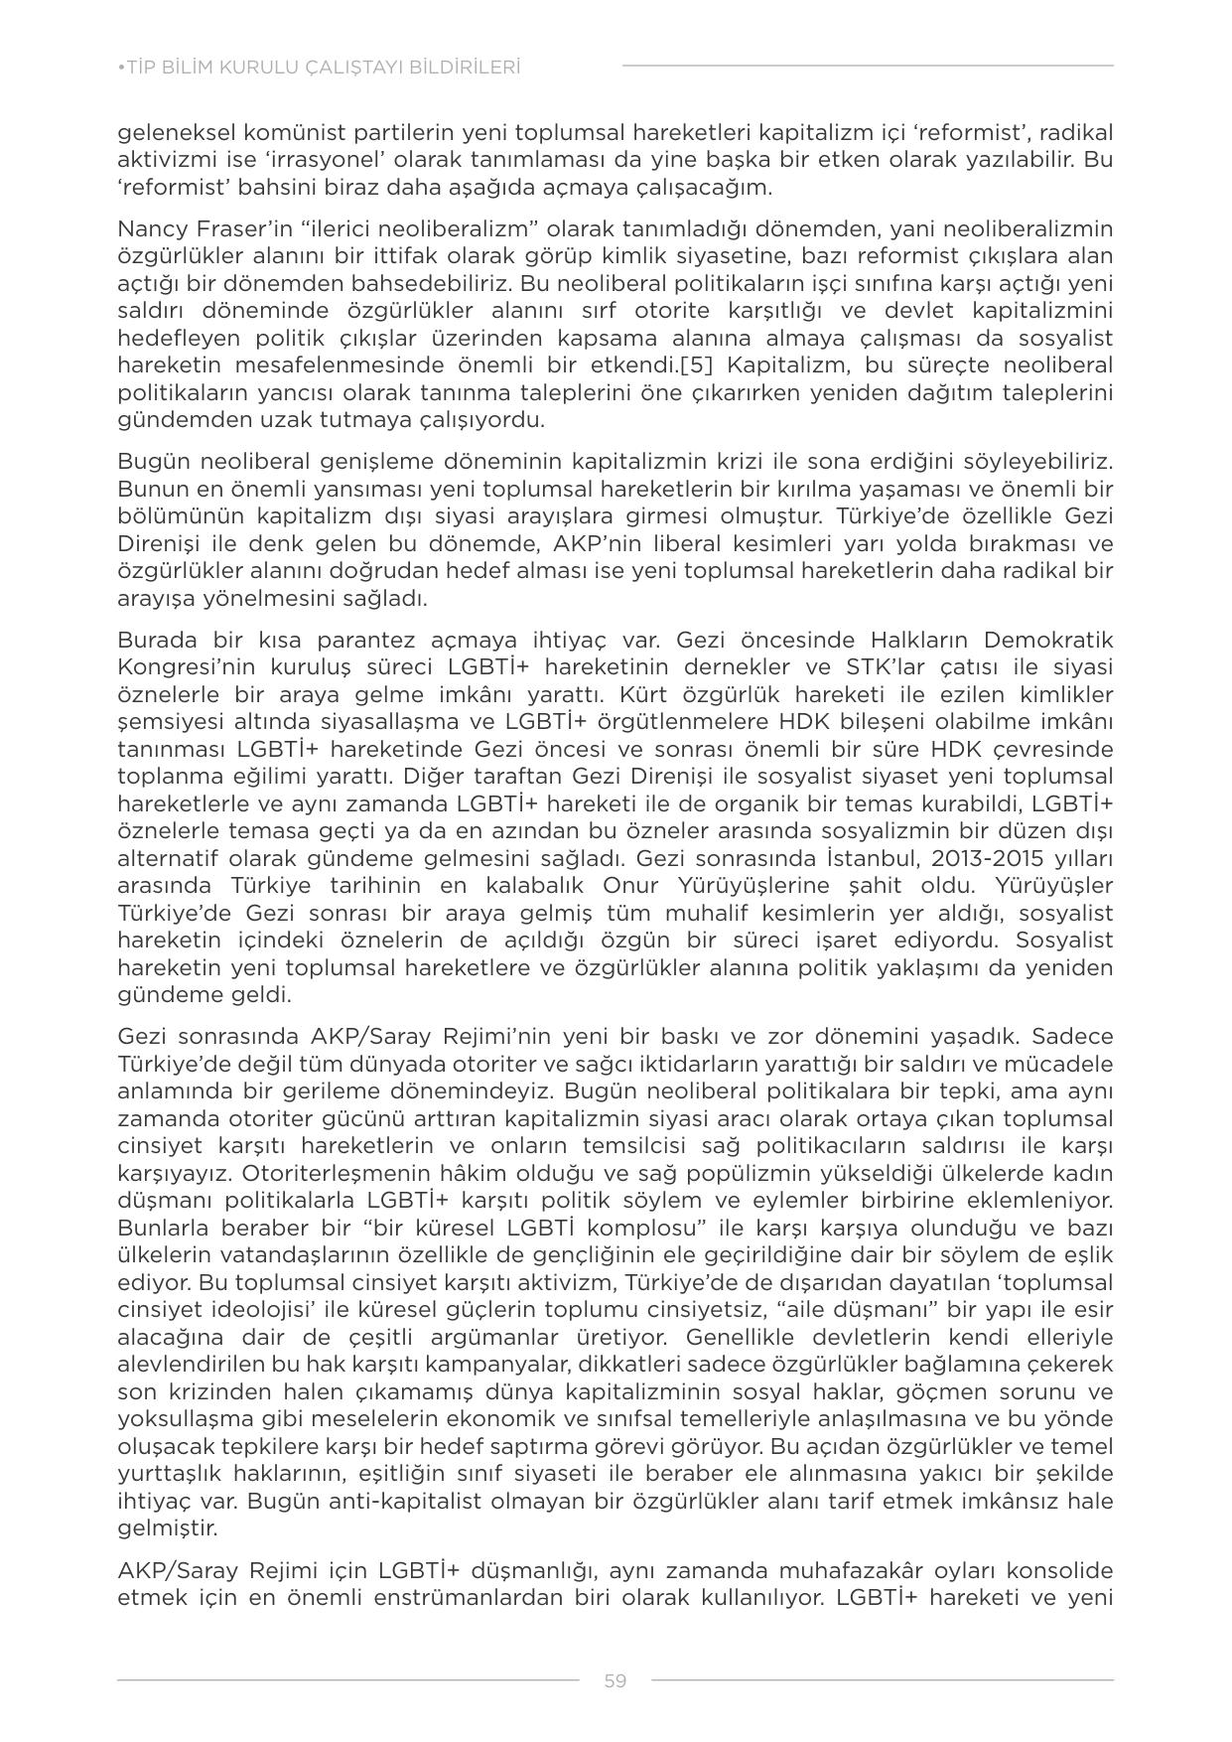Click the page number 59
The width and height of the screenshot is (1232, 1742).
(x=615, y=1680)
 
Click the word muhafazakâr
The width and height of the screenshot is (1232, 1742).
(x=851, y=1570)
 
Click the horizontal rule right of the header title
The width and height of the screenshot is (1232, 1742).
(x=867, y=67)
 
